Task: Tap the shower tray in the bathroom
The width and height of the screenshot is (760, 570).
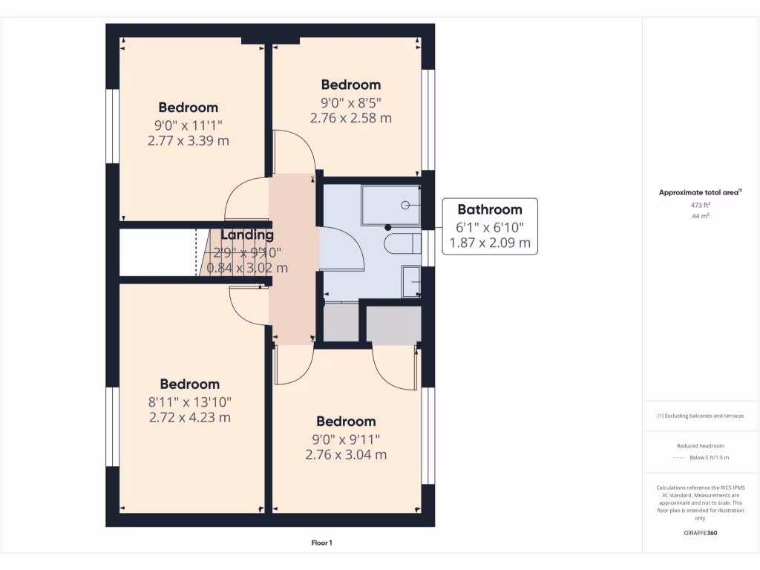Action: point(390,205)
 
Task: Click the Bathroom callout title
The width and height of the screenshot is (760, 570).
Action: point(489,209)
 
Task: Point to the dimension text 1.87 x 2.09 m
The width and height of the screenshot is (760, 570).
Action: point(490,243)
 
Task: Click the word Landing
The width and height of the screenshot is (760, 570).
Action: point(247,235)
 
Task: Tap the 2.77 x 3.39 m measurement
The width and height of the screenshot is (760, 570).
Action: point(189,140)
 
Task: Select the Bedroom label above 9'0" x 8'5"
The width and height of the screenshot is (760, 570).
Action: point(350,85)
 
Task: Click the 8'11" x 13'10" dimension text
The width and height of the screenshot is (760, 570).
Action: point(190,402)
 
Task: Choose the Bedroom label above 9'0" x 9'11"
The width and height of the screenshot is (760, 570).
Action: point(346,422)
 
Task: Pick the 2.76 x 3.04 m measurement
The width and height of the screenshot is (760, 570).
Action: point(346,454)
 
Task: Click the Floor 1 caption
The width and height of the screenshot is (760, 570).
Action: point(321,543)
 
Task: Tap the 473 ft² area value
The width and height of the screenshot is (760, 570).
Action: point(701,204)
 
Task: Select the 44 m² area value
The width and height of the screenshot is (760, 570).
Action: point(701,215)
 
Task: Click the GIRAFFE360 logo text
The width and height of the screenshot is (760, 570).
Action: point(701,533)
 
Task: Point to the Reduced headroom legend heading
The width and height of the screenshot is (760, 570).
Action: point(701,446)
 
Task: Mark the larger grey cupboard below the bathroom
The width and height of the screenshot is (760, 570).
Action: point(393,324)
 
